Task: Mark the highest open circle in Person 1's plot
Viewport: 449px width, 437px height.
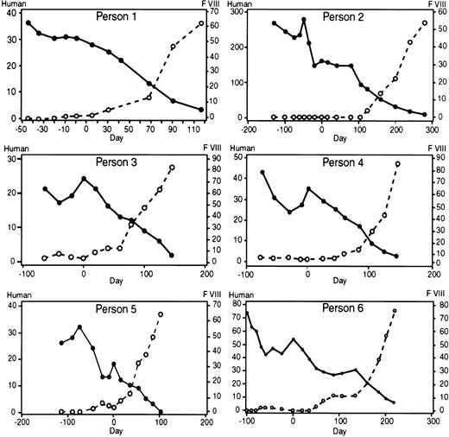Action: point(201,23)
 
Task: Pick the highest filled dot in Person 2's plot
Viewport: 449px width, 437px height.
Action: point(304,19)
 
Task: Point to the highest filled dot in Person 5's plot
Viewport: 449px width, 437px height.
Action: point(79,327)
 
